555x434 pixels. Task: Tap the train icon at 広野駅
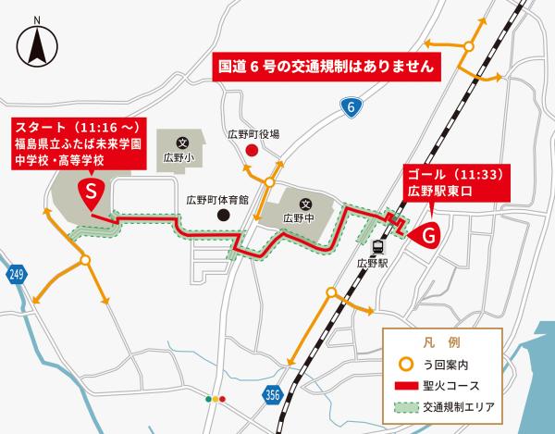click(377, 247)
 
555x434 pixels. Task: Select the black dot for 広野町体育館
click(222, 216)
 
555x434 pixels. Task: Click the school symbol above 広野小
click(182, 142)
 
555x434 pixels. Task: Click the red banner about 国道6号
click(324, 68)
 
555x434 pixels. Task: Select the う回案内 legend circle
click(405, 364)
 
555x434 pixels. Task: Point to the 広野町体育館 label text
click(217, 199)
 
